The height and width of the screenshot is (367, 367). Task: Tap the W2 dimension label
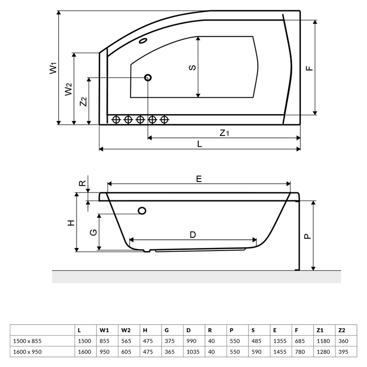point(69,89)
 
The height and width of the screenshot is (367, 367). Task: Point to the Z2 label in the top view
point(84,101)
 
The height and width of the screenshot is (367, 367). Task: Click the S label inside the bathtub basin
point(193,67)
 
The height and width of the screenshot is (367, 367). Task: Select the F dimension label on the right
point(309,68)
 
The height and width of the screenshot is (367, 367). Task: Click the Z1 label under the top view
point(224,133)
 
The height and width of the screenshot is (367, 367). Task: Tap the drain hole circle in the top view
point(148,77)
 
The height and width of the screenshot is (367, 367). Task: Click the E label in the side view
point(199,179)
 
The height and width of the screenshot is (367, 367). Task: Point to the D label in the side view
point(193,235)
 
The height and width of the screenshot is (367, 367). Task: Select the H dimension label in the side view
point(71,222)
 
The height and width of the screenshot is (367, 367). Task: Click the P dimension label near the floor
point(307,235)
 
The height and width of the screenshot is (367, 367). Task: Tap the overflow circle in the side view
point(142,210)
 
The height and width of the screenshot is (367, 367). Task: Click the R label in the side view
point(83,184)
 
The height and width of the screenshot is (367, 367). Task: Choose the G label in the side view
point(93,232)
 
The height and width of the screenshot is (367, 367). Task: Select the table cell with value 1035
point(193,351)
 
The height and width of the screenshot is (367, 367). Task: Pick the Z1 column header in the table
point(321,330)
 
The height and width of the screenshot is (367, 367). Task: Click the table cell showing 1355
point(278,341)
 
